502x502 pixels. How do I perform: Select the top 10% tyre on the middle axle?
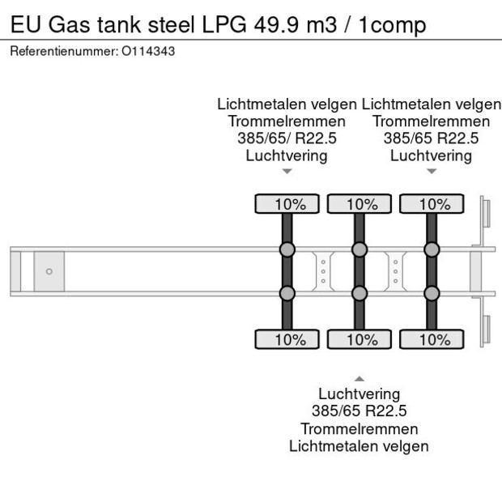tap(359, 204)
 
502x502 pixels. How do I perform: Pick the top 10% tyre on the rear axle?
tap(431, 204)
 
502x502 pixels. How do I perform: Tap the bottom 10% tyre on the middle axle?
tap(359, 339)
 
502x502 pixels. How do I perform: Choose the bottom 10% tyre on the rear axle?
tap(431, 339)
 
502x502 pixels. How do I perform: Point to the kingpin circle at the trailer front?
tap(49, 271)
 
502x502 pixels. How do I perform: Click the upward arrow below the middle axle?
tap(359, 378)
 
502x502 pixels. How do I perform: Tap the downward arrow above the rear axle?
tap(431, 171)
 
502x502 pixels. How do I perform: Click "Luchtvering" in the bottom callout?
tap(359, 394)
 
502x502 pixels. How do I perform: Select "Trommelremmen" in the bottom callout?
tap(359, 428)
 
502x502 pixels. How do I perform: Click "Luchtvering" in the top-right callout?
tap(431, 155)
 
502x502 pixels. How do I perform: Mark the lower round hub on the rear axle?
tap(431, 293)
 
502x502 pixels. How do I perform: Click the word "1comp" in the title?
tap(394, 25)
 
